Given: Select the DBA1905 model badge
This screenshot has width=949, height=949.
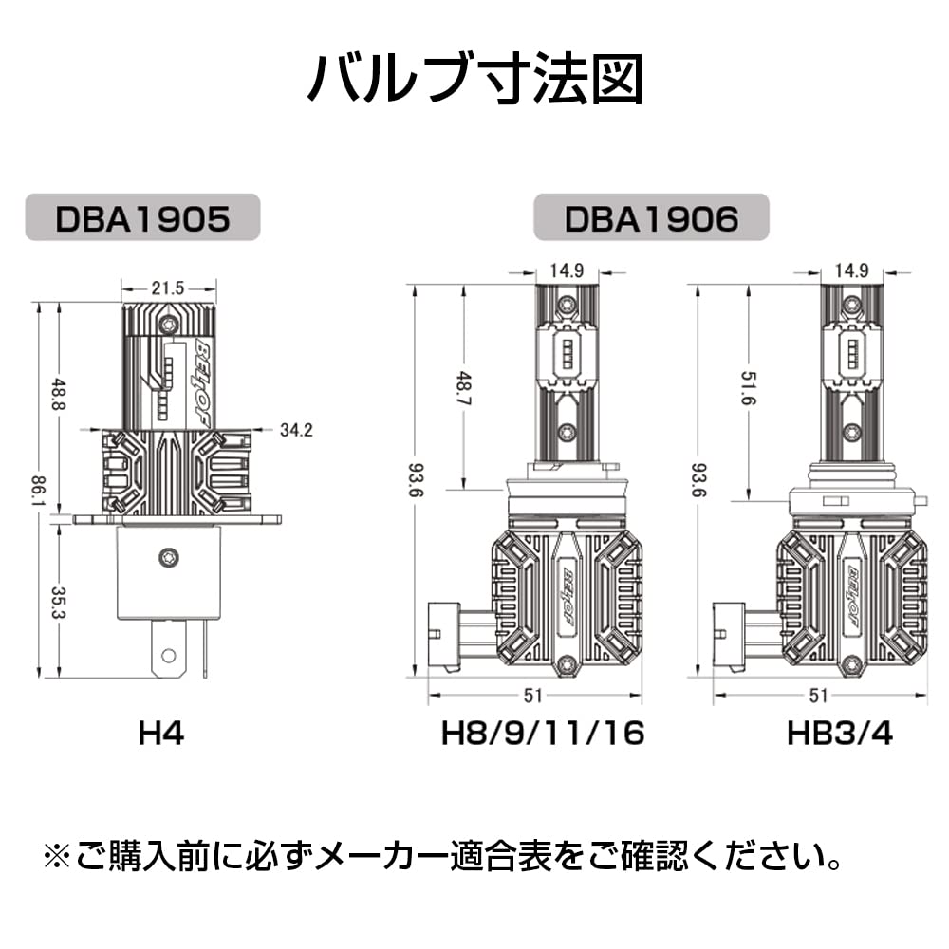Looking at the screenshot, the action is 143,217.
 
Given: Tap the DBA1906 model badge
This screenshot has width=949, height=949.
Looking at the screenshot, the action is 651,217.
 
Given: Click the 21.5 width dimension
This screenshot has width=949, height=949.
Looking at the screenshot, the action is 168,288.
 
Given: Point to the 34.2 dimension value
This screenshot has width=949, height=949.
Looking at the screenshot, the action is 296,430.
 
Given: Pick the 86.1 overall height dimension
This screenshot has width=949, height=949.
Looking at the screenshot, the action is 40,492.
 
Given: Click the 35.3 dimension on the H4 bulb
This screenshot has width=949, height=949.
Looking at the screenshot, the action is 59,603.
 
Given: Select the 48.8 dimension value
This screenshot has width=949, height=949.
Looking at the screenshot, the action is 59,395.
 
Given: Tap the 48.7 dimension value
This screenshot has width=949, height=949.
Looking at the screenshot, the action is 464,388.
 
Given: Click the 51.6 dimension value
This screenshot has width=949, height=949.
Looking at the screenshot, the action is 749,388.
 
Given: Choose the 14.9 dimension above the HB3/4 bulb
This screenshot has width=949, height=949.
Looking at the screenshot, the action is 852,270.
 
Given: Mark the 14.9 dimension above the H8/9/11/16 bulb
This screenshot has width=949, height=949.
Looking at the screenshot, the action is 567,270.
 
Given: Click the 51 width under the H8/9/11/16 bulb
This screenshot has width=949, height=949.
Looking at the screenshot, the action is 532,696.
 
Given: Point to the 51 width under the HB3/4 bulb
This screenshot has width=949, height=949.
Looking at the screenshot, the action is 818,696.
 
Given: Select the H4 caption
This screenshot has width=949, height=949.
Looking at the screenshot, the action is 161,734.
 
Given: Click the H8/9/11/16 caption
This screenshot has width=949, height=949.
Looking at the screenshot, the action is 543,734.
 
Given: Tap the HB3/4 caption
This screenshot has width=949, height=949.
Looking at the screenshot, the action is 840,734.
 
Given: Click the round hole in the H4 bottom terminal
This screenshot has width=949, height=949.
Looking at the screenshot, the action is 169,656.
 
